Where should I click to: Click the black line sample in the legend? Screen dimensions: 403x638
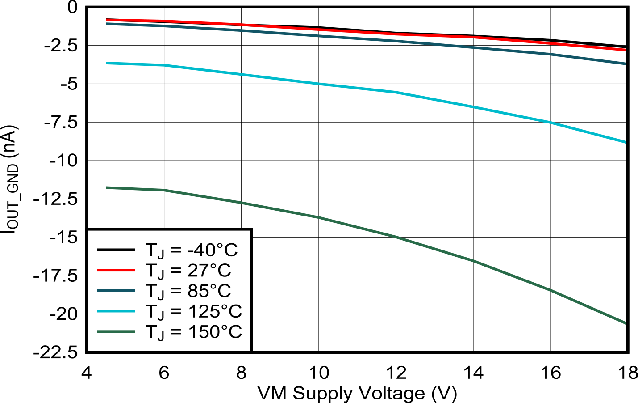116,250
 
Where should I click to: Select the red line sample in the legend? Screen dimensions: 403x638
116,270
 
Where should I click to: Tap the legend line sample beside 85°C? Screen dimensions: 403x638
116,291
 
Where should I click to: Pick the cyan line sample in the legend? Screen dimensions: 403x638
116,311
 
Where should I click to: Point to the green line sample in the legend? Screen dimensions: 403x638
116,331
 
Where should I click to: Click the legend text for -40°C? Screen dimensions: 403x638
192,250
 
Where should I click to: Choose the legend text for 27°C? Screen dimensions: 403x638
188,271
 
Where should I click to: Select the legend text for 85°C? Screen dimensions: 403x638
188,291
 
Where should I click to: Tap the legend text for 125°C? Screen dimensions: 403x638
193,312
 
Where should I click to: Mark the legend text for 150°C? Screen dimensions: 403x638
193,332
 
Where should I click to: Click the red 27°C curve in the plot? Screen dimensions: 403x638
357,32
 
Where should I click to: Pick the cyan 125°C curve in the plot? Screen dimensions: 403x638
357,88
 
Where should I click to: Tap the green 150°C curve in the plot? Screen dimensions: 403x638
357,227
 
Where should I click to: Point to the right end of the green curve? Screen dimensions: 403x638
625,323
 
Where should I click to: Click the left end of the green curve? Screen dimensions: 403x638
107,187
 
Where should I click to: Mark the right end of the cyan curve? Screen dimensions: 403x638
625,142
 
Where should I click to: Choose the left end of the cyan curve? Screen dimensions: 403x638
107,63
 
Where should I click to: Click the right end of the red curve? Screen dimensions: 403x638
625,50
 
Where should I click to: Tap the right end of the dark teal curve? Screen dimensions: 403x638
625,64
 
